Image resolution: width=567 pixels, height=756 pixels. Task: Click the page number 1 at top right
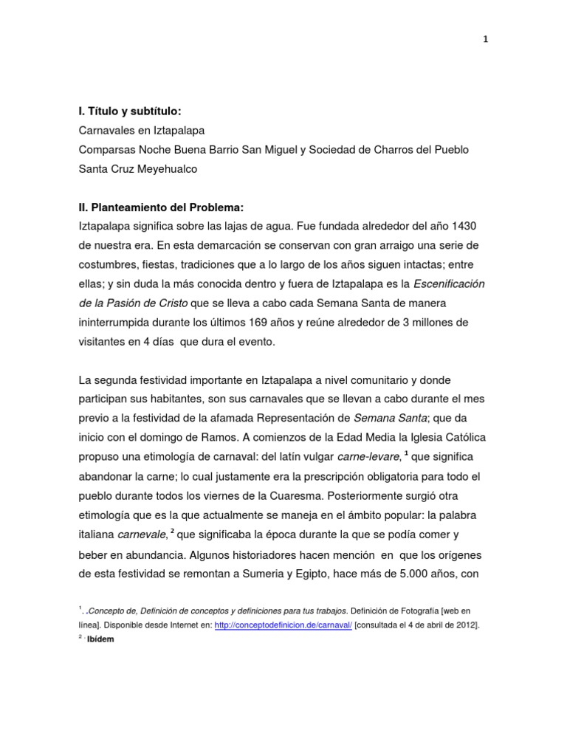pos(486,40)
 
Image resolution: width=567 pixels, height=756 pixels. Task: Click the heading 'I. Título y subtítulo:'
pos(129,111)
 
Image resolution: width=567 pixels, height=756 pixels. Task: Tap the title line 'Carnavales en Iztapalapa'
pos(142,131)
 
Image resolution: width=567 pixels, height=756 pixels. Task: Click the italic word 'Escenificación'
pos(449,283)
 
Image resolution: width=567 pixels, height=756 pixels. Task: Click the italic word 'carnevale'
pos(140,534)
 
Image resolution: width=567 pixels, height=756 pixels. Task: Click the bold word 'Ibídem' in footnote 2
pos(100,639)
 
